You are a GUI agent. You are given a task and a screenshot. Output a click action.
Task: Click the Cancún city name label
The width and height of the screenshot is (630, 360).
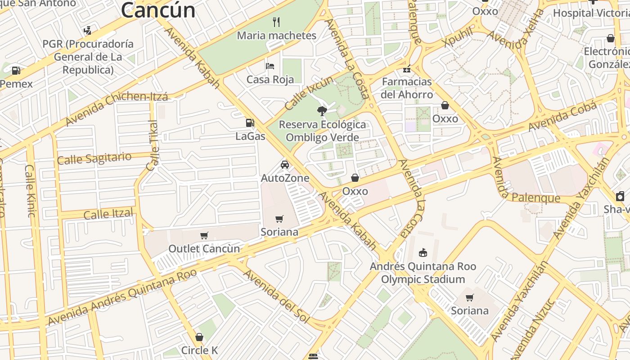pos(158,10)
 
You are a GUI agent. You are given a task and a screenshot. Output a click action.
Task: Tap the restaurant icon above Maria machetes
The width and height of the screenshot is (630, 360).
pos(277,21)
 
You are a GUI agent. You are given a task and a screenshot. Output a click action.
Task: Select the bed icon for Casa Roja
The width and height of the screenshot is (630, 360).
pos(270,66)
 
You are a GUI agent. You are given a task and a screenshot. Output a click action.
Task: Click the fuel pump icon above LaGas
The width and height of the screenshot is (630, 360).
pos(250,122)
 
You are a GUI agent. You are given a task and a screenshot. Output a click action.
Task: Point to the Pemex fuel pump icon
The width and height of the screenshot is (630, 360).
pos(16,71)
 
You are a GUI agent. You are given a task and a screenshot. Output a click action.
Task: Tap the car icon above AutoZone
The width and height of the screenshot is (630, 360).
pos(285,164)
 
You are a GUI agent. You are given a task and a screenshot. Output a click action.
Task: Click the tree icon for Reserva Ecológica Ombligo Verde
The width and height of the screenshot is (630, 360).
pos(322,111)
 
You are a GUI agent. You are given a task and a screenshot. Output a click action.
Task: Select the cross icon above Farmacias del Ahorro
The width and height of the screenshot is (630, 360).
pos(407,69)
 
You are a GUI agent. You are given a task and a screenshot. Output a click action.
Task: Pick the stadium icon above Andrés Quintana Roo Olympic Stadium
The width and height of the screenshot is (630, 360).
pos(423,252)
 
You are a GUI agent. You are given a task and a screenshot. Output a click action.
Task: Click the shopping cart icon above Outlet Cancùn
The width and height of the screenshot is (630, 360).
pos(204,235)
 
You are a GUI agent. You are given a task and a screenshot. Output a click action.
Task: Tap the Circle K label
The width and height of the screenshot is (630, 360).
pos(199,350)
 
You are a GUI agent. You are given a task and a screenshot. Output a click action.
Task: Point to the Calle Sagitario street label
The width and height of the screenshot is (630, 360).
pos(94,158)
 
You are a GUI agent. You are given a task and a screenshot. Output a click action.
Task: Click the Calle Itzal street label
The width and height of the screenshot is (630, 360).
pos(108,214)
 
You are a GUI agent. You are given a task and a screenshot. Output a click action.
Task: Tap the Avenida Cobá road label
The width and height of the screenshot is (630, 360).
pos(562,117)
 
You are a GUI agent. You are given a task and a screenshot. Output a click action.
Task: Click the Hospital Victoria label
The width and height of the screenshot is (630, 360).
pos(591,13)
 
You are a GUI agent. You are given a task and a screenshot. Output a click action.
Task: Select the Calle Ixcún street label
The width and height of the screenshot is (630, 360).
pos(310,93)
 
